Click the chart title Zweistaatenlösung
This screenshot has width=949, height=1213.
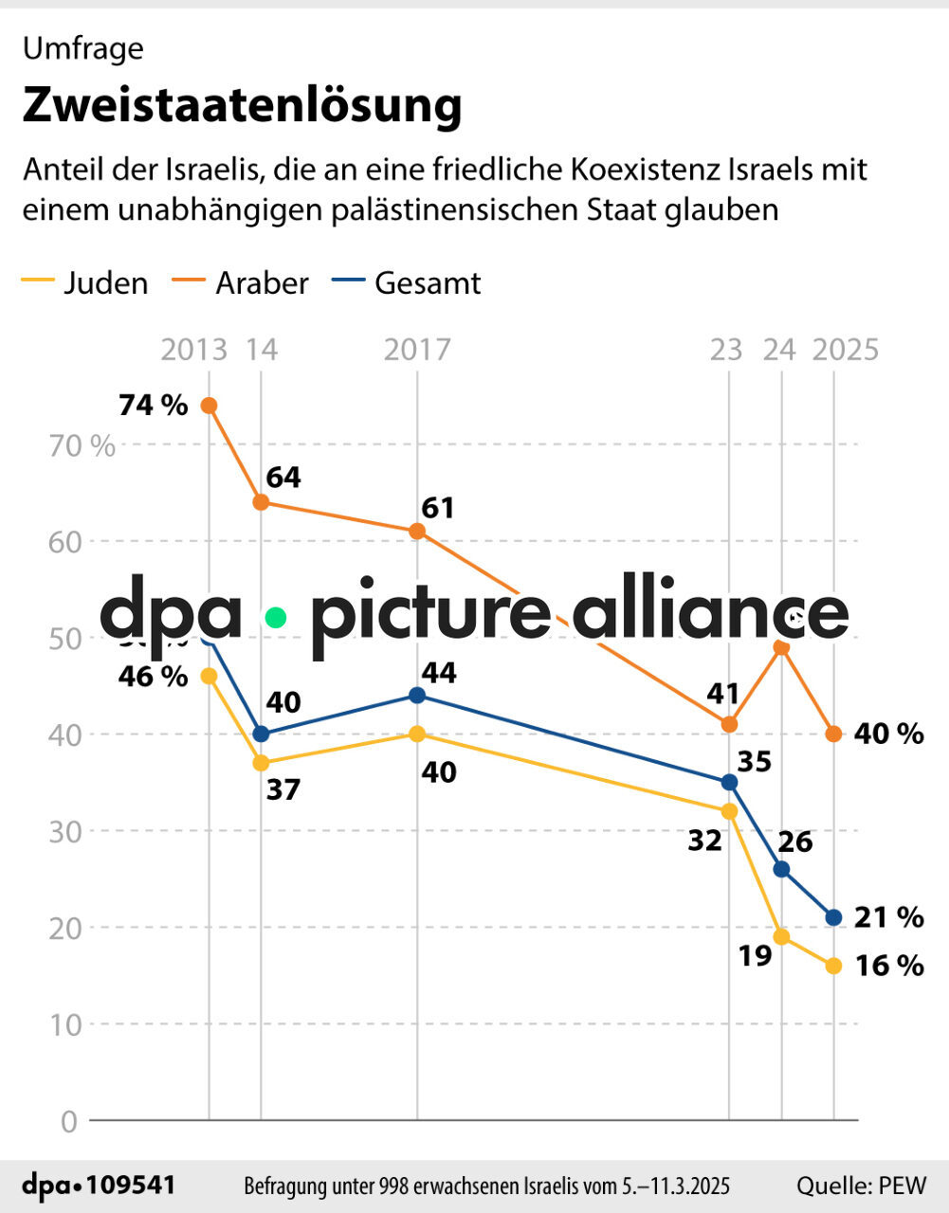(242, 105)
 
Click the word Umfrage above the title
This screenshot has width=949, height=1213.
(83, 48)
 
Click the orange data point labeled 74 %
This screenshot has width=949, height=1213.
(209, 406)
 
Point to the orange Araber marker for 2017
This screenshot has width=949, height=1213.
(417, 532)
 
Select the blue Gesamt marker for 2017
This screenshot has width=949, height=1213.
(417, 696)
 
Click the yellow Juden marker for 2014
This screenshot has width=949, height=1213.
(262, 763)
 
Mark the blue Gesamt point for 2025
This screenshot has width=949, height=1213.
(833, 917)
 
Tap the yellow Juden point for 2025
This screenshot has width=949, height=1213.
(833, 966)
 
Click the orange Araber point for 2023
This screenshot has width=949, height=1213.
(729, 724)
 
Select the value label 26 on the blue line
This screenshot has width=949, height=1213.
(795, 842)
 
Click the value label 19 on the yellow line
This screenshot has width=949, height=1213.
(755, 956)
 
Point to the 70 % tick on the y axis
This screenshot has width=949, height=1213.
(82, 445)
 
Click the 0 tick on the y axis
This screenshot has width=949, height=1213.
(68, 1122)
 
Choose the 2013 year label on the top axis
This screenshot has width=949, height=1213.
(193, 350)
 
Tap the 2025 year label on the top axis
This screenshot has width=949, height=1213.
(845, 350)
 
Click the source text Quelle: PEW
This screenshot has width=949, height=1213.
(861, 1186)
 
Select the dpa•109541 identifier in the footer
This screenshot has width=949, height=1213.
(99, 1186)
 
